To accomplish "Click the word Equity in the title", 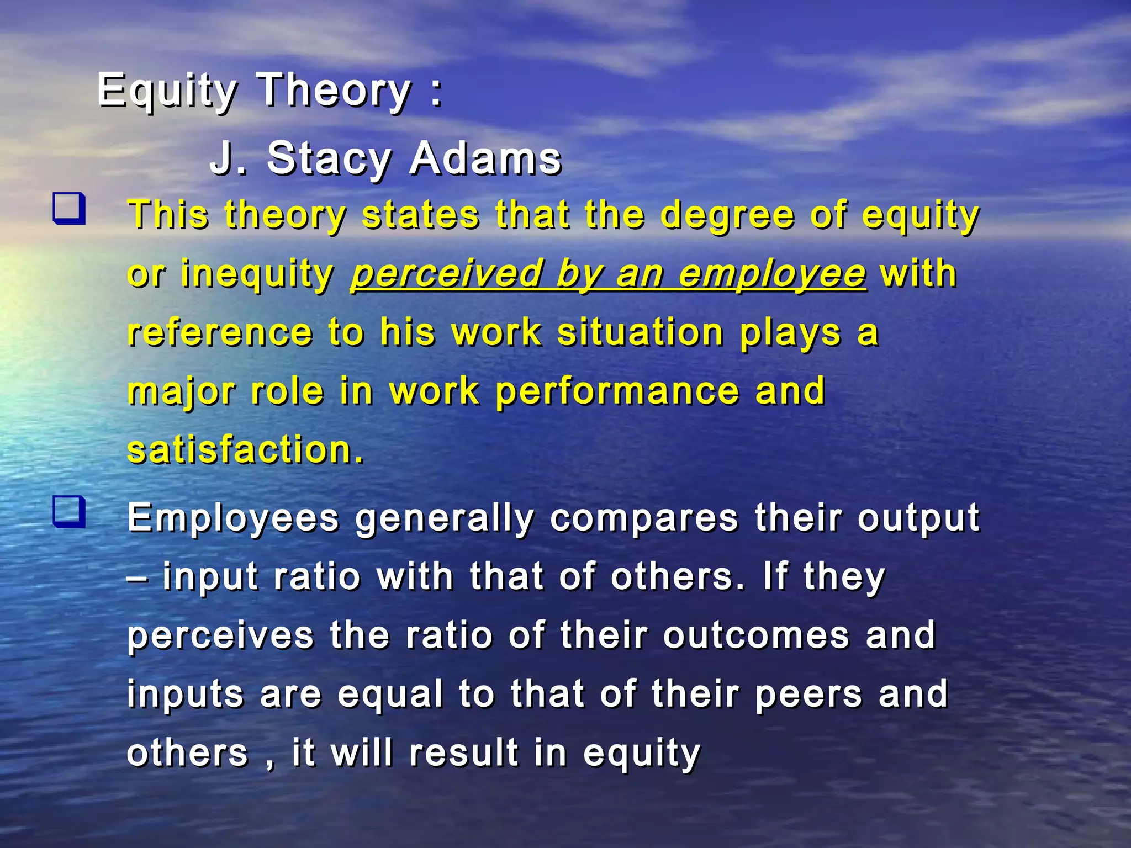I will pos(167,91).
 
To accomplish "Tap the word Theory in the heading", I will pos(335,91).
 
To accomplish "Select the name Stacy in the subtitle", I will pos(329,159).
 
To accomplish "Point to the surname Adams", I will pos(485,159).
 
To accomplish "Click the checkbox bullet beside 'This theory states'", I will pos(69,208).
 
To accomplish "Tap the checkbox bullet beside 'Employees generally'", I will pos(69,512).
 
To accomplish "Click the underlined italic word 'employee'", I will pos(772,274).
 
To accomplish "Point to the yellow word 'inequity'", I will pos(257,274).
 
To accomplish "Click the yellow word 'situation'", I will pos(640,333).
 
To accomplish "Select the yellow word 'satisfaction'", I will pos(239,450).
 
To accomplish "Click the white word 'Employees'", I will pos(233,519).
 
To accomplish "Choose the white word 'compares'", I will pos(643,519).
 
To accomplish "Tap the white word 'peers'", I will pos(808,695).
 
